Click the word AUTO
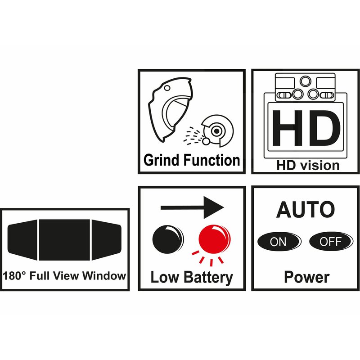pos(306,209)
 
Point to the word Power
pos(306,277)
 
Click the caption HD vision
pos(308,165)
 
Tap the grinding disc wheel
pos(217,130)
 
